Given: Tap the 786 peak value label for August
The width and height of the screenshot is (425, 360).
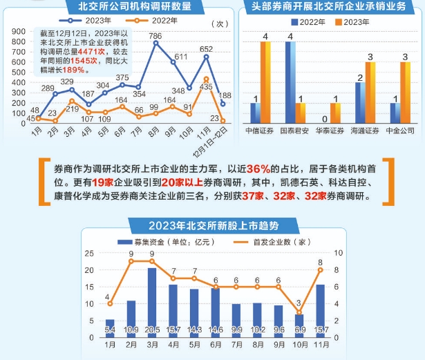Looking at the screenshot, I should tap(156, 35).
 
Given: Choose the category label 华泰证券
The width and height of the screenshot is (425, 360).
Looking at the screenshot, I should tap(326, 131).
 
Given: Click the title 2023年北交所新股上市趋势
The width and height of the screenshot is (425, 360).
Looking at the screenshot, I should tap(211, 224).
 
